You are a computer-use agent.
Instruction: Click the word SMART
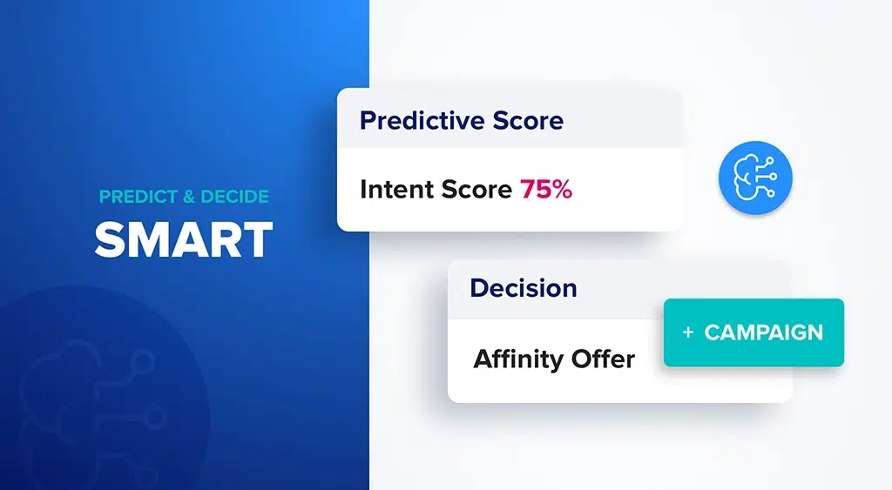[183, 238]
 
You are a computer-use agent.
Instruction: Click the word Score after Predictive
[527, 120]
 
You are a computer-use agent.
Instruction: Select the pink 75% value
[546, 189]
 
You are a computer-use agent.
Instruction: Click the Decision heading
[523, 287]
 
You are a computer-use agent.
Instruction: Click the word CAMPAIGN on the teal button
[763, 332]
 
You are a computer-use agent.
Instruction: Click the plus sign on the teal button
[688, 332]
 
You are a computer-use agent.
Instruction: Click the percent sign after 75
[562, 189]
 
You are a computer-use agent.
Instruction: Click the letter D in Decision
[478, 287]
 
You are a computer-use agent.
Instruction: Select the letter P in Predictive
[368, 120]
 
